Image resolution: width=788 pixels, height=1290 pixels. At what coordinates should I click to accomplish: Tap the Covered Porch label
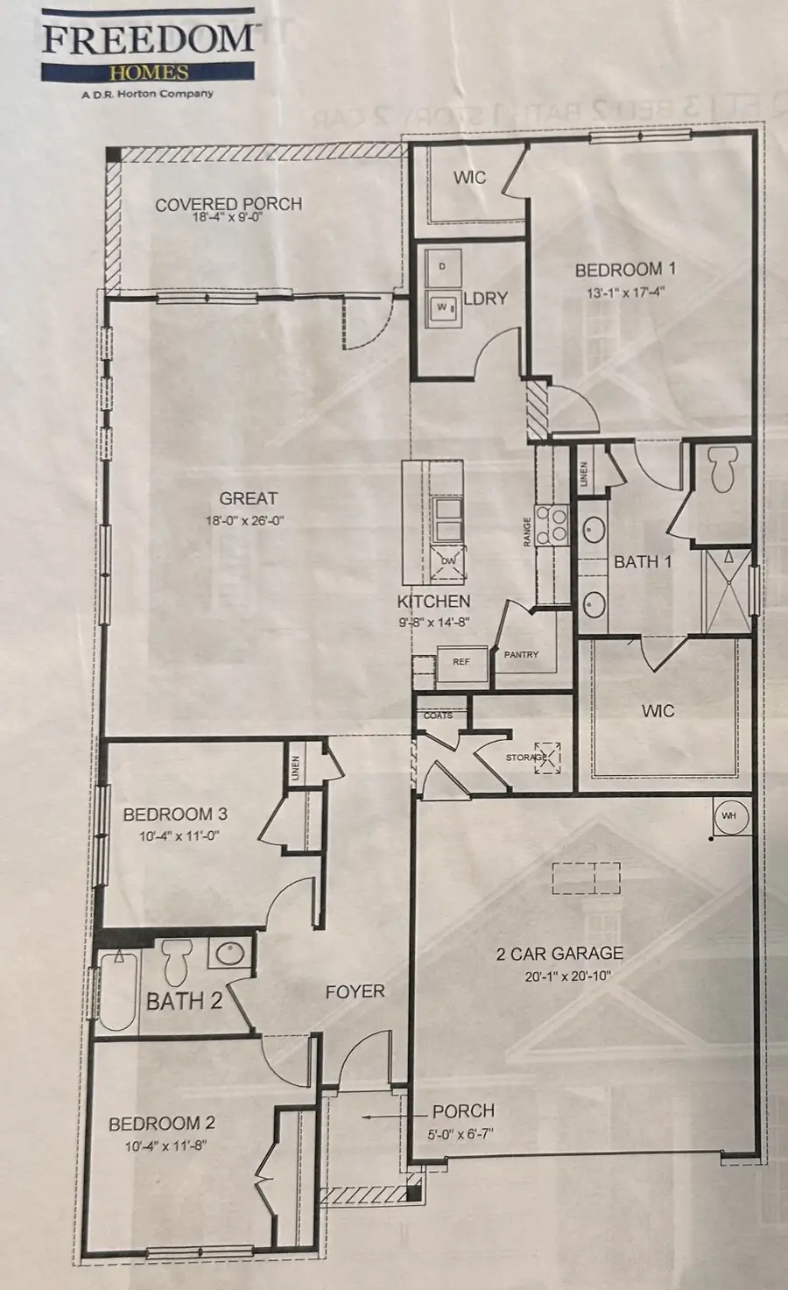229,204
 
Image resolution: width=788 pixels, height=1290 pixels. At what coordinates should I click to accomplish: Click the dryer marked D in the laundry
442,265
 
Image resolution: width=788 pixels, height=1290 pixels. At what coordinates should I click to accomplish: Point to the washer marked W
441,307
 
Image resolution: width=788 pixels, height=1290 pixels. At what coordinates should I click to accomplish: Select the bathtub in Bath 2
116,993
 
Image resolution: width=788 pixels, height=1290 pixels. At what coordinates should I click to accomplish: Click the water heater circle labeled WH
728,815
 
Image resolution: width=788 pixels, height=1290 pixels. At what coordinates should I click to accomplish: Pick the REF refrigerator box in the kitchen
461,662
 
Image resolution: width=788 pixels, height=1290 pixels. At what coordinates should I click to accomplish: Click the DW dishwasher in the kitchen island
448,561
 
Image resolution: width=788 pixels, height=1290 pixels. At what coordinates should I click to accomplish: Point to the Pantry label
521,654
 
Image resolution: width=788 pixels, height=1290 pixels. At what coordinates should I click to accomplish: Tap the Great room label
248,498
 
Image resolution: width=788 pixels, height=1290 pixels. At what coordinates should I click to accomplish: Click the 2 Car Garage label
559,954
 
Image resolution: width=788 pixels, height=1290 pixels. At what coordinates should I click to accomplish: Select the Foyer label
355,991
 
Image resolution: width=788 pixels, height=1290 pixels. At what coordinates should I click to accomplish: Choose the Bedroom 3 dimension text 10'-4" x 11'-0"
179,836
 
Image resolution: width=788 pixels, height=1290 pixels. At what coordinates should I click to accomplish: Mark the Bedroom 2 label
161,1123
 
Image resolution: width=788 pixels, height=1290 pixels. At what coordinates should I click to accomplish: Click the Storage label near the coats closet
526,757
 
